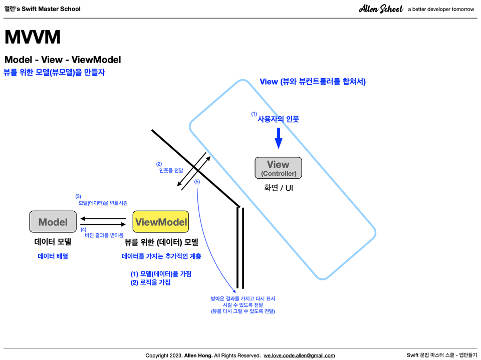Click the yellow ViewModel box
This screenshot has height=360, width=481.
[x=161, y=222]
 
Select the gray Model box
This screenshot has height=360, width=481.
[x=53, y=222]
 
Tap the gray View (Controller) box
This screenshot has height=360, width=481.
[x=278, y=168]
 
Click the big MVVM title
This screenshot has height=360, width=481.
[x=33, y=37]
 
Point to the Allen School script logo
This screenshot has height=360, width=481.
[x=381, y=9]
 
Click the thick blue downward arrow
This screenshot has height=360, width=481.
[x=278, y=138]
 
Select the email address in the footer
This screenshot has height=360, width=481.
[x=299, y=355]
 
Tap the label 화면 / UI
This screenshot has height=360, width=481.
[x=279, y=188]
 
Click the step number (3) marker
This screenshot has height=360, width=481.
[x=78, y=196]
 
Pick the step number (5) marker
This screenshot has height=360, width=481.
[x=197, y=182]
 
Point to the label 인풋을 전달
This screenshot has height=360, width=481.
[x=171, y=170]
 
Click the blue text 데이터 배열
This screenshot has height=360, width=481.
[x=53, y=256]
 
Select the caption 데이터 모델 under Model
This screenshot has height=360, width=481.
[x=53, y=242]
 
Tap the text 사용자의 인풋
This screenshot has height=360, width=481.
[x=278, y=119]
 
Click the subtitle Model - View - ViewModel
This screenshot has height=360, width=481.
[x=63, y=60]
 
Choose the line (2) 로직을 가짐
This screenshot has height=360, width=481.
[x=151, y=282]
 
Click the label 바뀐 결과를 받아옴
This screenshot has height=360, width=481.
[x=104, y=235]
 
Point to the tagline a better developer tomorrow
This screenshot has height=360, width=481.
[x=441, y=9]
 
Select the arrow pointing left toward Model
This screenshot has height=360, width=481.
[x=103, y=219]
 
